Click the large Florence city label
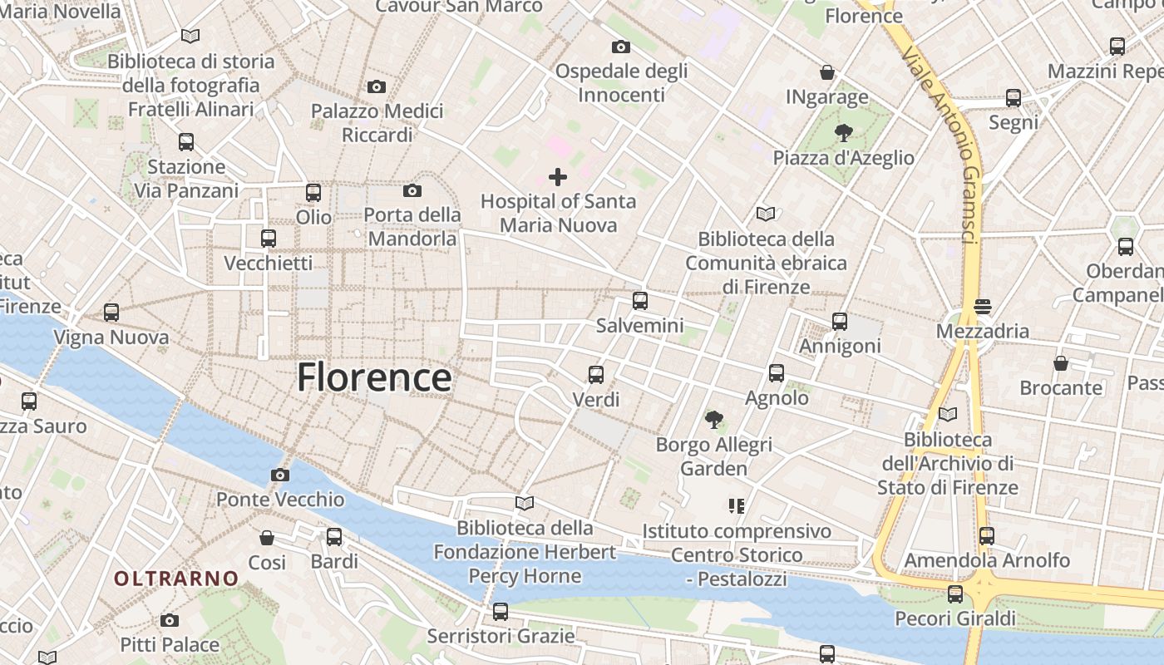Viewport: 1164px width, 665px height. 374,377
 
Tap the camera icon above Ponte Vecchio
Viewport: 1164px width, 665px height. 280,475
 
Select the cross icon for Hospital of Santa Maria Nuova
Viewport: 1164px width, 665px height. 558,176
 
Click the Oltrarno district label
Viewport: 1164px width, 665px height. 176,579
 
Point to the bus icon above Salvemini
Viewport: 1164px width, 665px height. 639,301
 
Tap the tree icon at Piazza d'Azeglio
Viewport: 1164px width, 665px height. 843,133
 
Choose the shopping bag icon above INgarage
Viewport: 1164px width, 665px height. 827,72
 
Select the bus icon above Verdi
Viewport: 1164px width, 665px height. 596,375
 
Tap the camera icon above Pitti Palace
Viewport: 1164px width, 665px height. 170,620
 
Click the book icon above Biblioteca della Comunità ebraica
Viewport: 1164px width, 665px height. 766,214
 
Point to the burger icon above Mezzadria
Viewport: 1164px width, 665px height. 983,306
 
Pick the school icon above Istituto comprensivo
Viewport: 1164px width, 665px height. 736,505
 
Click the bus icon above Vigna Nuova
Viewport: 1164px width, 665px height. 111,313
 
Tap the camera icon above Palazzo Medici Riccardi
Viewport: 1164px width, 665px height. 377,86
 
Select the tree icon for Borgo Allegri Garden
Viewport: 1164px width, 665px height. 713,420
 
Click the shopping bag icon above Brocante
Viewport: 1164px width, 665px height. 1061,363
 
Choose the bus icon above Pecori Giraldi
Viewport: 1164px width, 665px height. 955,594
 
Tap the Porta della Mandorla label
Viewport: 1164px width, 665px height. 412,227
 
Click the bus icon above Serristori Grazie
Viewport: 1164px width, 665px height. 501,612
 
